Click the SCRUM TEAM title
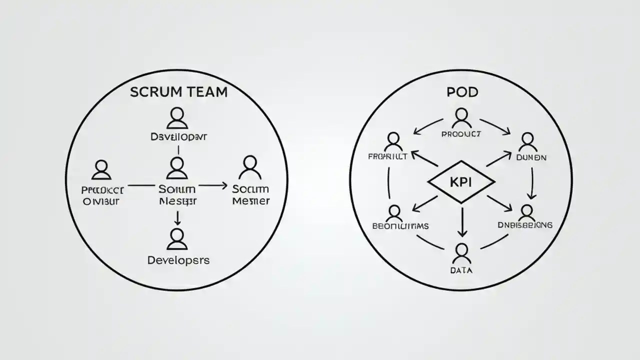178,92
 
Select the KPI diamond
461,182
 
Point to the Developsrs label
178,260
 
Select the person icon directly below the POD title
461,118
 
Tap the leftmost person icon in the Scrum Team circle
101,169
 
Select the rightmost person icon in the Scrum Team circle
250,167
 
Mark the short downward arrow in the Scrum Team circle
176,217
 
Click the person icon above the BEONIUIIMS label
394,213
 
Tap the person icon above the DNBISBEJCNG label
527,213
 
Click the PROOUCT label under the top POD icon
461,134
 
